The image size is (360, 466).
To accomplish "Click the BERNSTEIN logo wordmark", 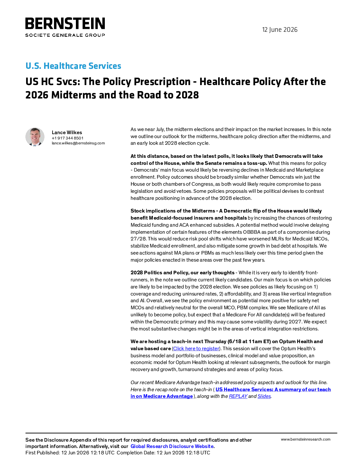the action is tap(65, 23).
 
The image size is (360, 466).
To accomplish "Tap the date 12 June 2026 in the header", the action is tap(280, 30).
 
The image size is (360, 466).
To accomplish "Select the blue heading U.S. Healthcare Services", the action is tap(73, 66).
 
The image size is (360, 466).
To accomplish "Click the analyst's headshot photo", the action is tap(35, 137).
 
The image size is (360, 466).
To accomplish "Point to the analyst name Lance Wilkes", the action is tap(67, 132).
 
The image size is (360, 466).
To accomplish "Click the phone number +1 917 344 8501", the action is tap(67, 138).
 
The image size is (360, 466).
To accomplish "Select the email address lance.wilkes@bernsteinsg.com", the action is tap(78, 143).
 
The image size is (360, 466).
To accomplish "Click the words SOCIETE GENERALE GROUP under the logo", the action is tap(65, 35).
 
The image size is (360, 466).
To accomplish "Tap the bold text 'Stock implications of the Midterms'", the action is tap(173, 211).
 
